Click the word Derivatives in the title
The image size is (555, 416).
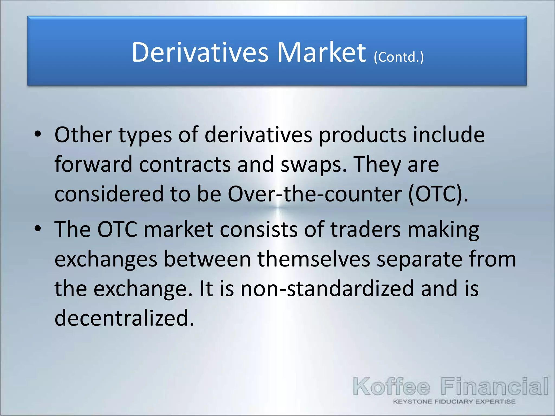[200, 52]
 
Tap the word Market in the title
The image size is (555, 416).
[322, 52]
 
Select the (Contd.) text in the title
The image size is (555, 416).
[399, 57]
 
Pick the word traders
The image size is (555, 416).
[366, 229]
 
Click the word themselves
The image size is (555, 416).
[314, 259]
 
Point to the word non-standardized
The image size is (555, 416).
[327, 289]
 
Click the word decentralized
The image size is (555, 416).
[124, 318]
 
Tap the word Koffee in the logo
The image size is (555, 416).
[391, 386]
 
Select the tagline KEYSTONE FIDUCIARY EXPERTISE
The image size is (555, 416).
[454, 402]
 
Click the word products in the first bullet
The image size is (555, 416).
[363, 135]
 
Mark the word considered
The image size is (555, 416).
[109, 194]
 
